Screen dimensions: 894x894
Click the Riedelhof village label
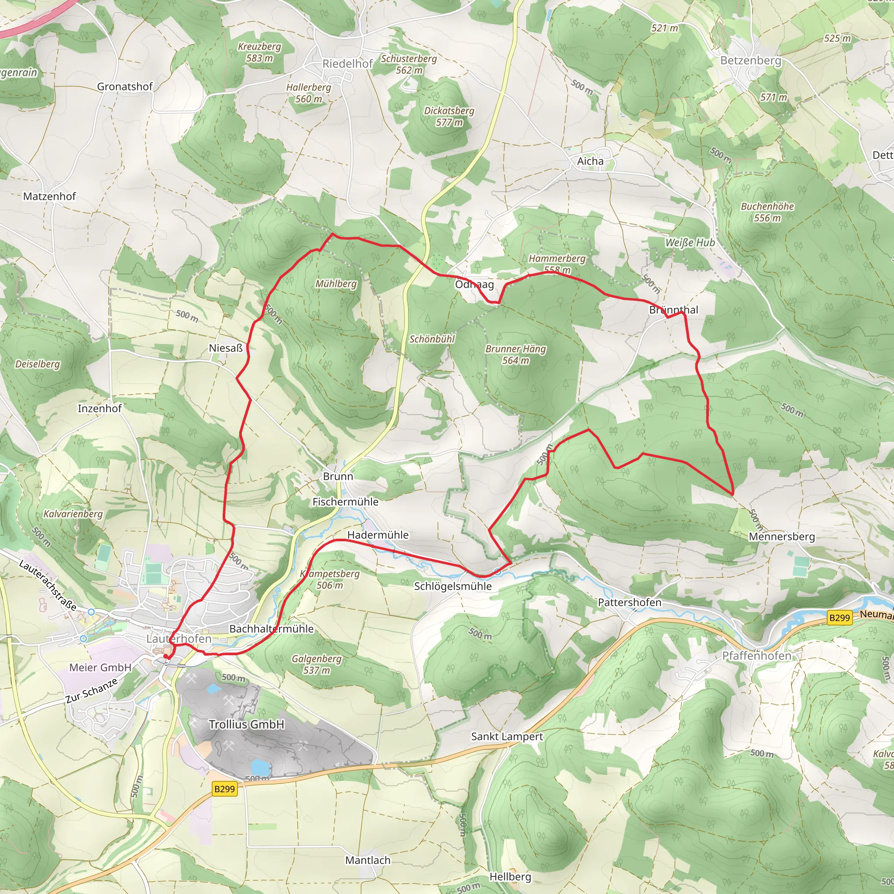pos(347,64)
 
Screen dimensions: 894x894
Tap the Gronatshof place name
pos(124,86)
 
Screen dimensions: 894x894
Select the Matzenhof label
pos(49,196)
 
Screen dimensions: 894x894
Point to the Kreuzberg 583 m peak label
pos(259,52)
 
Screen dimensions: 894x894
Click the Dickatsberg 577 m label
pos(449,117)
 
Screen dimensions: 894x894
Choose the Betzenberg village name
pos(750,61)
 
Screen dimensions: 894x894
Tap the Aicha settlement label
pos(590,161)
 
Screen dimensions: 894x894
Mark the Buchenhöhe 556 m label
pos(767,212)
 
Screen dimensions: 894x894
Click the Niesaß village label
pos(225,348)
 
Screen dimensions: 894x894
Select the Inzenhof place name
pos(100,408)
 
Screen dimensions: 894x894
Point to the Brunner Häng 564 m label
pos(516,354)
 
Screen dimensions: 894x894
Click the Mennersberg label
pos(781,536)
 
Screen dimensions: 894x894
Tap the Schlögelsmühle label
pos(453,586)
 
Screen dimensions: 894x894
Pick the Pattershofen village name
pos(629,602)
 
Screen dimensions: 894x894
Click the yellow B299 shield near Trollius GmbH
pos(225,788)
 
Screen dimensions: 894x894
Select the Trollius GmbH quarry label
pos(246,724)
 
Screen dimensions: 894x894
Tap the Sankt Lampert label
pos(507,736)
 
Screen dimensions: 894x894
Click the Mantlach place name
pos(368,860)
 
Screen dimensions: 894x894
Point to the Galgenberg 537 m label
pos(316,664)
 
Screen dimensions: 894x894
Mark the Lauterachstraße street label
pos(47,585)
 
